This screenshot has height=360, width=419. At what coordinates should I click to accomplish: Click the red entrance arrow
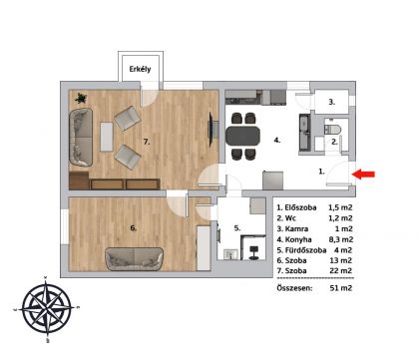pos(363,175)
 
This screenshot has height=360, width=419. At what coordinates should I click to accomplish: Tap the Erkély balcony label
pos(140,69)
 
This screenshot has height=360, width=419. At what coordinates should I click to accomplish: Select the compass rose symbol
pos(47,309)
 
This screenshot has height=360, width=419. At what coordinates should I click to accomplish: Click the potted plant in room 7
pos(81,98)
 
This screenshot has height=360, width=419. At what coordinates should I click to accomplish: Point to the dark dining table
pos(242,136)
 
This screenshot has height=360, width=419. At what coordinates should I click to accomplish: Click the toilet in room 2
pos(332,129)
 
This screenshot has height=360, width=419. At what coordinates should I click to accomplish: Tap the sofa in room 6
pos(135,259)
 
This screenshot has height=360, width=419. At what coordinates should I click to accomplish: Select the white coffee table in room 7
pos(107,137)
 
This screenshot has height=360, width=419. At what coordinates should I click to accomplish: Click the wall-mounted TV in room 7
pos(210,130)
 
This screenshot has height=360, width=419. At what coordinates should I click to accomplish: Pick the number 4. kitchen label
pos(277,141)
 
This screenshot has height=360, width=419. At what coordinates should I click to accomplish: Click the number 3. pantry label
pos(331,102)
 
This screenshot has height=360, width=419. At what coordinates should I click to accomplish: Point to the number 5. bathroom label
pos(237,228)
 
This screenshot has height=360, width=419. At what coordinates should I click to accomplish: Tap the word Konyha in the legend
pos(298,239)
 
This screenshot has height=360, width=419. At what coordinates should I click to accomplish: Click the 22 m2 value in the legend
pos(340,271)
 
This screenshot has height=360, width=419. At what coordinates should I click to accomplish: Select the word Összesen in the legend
pos(294,288)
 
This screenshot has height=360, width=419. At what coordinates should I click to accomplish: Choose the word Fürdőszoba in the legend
pos(305,250)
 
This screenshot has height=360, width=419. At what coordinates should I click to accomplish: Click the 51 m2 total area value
pos(340,288)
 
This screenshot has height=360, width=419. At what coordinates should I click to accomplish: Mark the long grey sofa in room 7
pos(81,137)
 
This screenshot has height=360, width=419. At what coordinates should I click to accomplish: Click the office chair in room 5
pos(254,252)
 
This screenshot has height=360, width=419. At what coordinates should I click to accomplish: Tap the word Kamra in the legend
pos(296,229)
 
